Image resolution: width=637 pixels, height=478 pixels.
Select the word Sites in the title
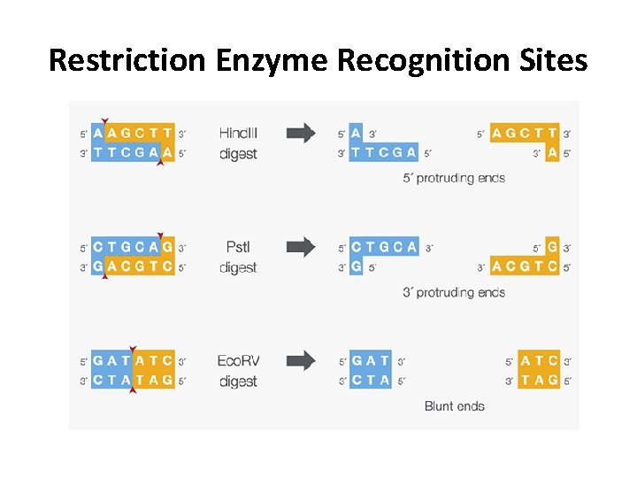pos(553,60)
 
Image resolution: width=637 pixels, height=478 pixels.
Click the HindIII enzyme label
pos(238,134)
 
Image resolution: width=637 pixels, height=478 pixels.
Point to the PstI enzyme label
pos(237,247)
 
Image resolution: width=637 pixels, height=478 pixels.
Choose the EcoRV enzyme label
pos(238,361)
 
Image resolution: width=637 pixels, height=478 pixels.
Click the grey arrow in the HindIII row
pos(301,134)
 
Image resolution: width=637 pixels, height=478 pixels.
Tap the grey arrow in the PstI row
pos(301,247)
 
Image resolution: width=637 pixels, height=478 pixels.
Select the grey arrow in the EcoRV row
pos(301,360)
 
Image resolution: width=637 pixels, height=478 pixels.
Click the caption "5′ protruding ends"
pos(454,178)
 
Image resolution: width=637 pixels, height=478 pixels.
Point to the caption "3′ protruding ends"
pos(454,292)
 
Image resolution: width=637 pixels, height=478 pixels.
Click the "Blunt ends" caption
pos(455,406)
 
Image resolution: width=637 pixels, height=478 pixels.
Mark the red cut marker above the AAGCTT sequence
pos(105,121)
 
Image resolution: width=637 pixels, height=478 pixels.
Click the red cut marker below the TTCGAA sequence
pos(159,164)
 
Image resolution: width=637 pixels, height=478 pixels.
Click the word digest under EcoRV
pos(238,382)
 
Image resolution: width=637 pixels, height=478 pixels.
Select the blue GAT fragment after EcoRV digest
pos(371,361)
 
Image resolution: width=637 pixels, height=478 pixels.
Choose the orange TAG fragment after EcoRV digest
pos(540,381)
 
